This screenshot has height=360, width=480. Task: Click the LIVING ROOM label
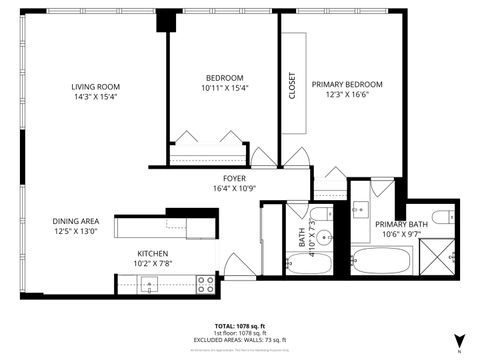click(95, 87)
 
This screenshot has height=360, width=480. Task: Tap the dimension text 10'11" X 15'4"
click(225, 88)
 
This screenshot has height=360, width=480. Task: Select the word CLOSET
click(292, 85)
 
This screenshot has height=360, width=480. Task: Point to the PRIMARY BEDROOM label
click(347, 84)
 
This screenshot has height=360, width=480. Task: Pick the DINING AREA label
click(76, 221)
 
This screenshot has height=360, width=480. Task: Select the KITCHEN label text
click(152, 254)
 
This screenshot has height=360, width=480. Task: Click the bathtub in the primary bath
click(384, 263)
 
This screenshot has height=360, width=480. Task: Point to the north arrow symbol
click(458, 340)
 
